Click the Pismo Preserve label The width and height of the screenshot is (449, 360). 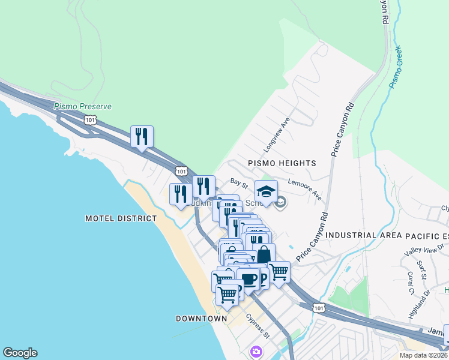[x=82, y=106]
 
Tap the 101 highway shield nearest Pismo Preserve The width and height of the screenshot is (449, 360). [x=90, y=120]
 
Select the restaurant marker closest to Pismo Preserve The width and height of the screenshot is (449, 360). [x=142, y=137]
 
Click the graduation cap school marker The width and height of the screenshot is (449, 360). [x=266, y=192]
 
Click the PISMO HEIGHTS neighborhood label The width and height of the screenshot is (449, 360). [x=282, y=163]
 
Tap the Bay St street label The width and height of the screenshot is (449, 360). [x=239, y=182]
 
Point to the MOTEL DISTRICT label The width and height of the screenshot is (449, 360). [x=121, y=219]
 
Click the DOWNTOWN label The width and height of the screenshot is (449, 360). [x=201, y=318]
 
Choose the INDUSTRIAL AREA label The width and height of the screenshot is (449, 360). [x=363, y=235]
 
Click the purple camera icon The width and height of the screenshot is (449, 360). [x=257, y=351]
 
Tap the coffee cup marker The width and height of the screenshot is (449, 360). [x=248, y=280]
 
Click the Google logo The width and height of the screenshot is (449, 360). [x=20, y=353]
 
